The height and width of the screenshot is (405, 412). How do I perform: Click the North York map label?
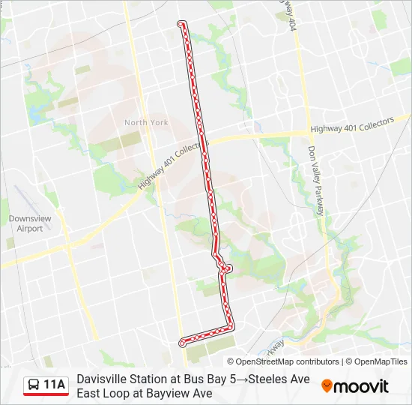(146, 122)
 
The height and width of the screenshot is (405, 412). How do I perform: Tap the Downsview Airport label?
(25, 223)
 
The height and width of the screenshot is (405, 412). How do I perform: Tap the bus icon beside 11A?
(34, 385)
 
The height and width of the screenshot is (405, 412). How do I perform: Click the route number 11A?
(55, 385)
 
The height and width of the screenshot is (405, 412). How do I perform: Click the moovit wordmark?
(361, 386)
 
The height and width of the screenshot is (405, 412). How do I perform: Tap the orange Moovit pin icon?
(327, 386)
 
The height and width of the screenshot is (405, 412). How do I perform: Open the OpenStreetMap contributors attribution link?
(288, 361)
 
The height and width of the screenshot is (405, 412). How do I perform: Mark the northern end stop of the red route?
(181, 24)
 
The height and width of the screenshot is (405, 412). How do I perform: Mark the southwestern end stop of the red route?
(182, 343)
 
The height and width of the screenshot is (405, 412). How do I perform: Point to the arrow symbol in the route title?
(242, 379)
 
